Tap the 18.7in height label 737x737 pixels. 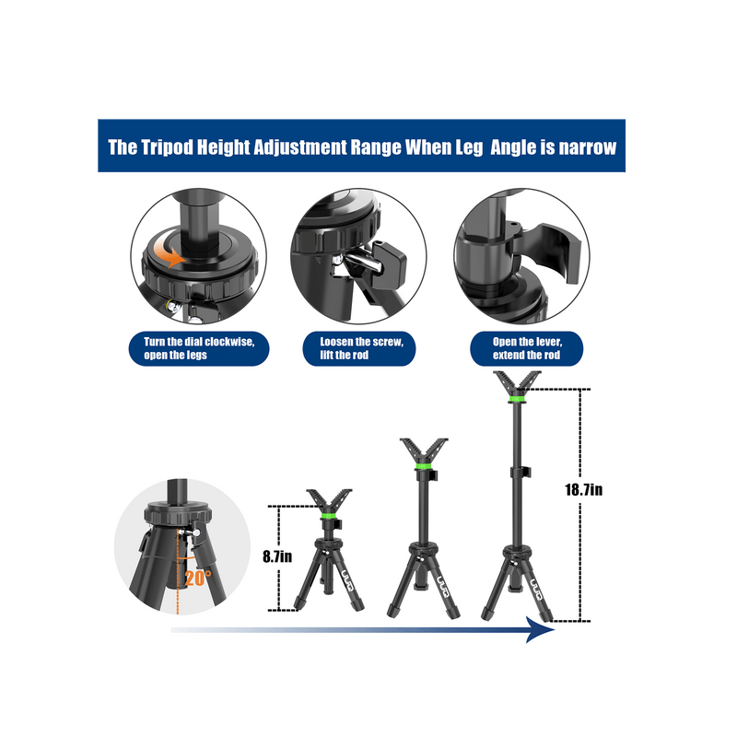coord(583,490)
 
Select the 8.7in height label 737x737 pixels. coord(277,556)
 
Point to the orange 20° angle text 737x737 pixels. coord(197,579)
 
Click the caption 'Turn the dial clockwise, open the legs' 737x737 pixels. coord(199,348)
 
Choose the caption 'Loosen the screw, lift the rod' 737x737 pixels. coord(361,348)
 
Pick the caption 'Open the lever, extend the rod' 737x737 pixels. coord(527,348)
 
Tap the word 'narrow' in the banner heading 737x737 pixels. coord(587,147)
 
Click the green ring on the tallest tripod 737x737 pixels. coord(517,400)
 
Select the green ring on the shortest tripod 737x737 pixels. coord(330,517)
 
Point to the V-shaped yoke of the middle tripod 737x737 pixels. coord(424,451)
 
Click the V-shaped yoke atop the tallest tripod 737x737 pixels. coord(517,383)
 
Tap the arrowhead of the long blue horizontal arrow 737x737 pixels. coord(541,629)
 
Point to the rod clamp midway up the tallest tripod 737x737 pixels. coord(521,472)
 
